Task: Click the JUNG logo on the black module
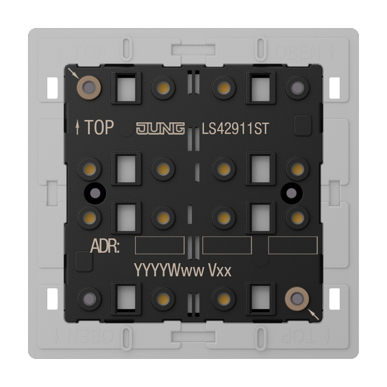pyautogui.click(x=160, y=128)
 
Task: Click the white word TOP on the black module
pyautogui.click(x=99, y=128)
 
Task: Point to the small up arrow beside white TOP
pyautogui.click(x=78, y=128)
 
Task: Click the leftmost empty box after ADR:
pyautogui.click(x=159, y=245)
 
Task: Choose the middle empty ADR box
pyautogui.click(x=227, y=245)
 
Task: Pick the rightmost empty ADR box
pyautogui.click(x=293, y=245)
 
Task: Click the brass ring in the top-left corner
pyautogui.click(x=89, y=87)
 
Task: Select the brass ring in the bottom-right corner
pyautogui.click(x=297, y=297)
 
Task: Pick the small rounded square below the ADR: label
pyautogui.click(x=84, y=263)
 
